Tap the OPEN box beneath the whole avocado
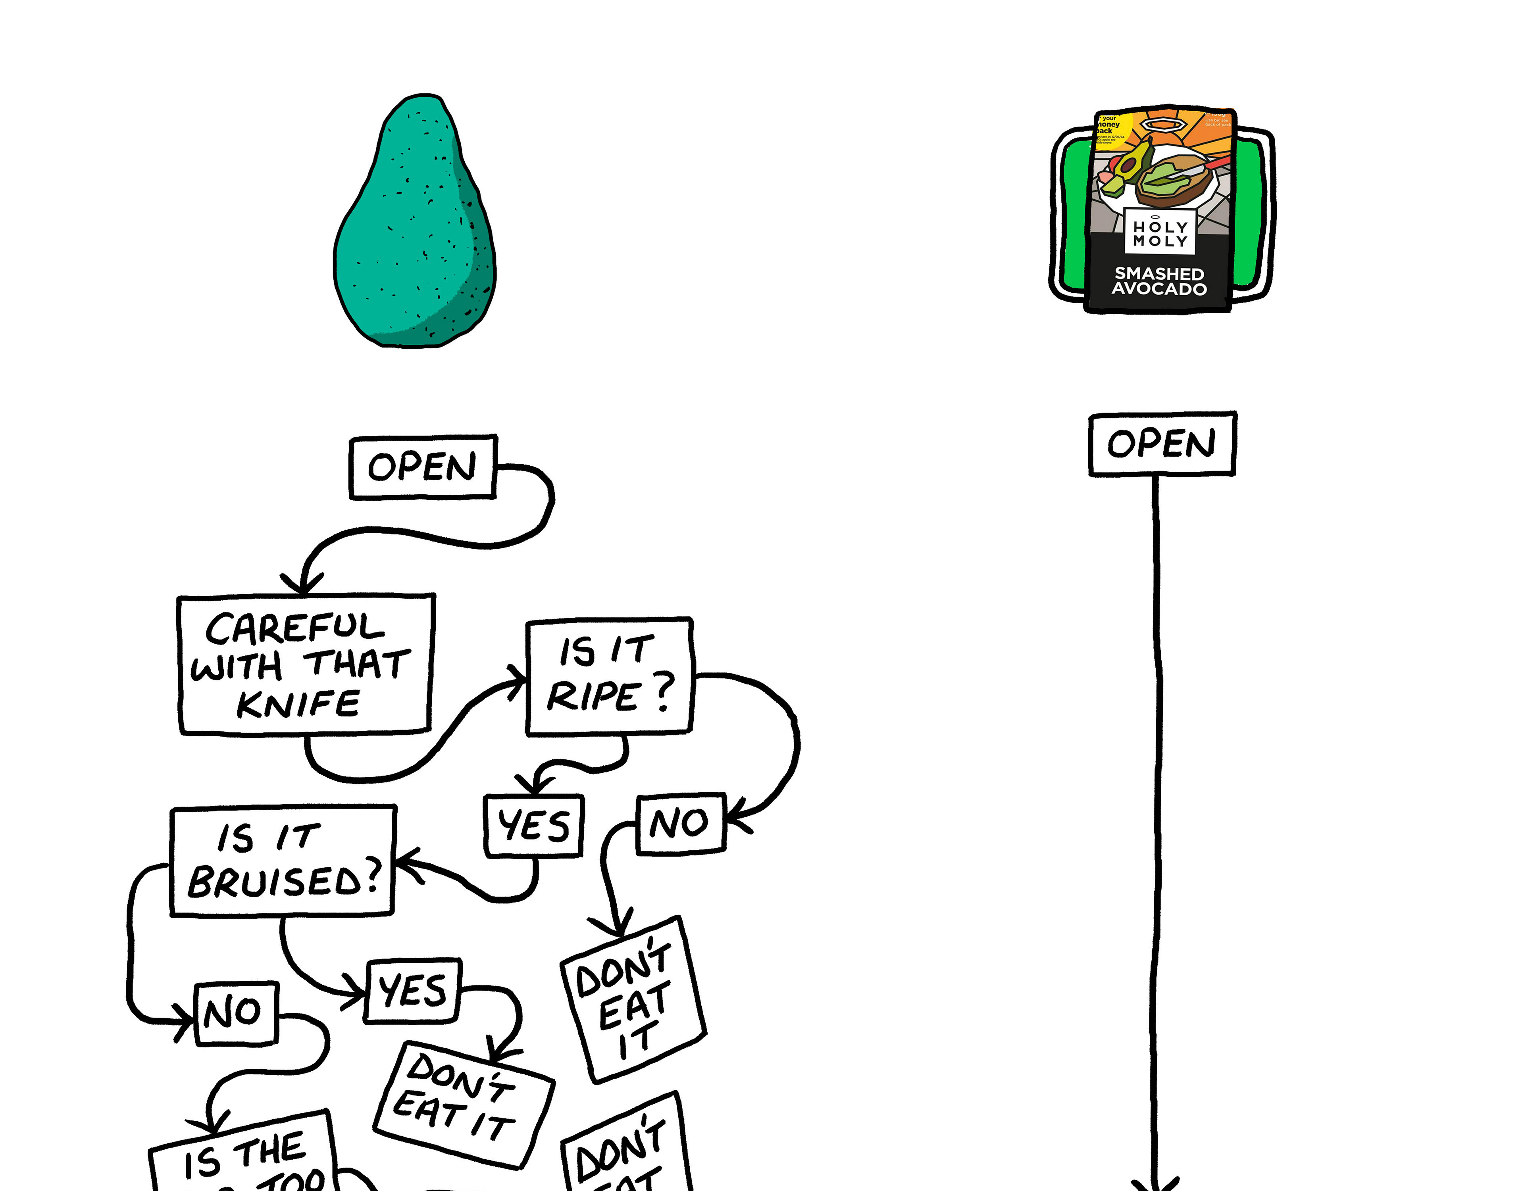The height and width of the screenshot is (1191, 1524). coord(423,467)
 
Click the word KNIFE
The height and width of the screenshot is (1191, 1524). coord(299,704)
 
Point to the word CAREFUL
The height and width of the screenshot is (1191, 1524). coord(294,628)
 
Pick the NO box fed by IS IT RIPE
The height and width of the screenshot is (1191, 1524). coord(680,823)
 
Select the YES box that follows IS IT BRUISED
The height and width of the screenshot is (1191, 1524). coord(412,991)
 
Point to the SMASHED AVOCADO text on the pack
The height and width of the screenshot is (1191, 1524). coord(1159,281)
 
